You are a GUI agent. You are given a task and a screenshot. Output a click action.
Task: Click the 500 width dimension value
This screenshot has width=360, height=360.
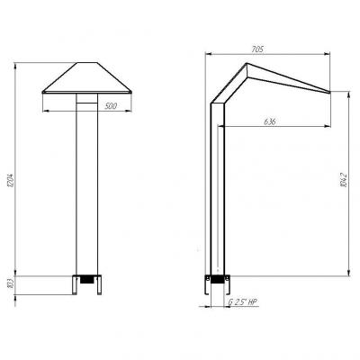click(111, 106)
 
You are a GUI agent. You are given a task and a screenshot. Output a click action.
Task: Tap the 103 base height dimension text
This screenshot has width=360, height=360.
click(12, 283)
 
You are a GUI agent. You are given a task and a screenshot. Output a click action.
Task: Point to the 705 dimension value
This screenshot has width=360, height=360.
click(257, 49)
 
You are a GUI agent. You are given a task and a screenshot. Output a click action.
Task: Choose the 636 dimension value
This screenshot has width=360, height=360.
click(269, 121)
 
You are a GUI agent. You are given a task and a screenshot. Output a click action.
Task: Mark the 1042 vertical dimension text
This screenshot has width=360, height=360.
click(344, 180)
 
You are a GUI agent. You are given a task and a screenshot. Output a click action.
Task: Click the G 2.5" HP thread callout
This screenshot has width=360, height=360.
click(242, 302)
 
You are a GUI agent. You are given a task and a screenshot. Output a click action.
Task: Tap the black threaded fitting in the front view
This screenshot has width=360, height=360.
click(86, 280)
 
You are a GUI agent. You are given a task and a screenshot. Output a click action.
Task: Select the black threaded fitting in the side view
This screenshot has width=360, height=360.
click(217, 280)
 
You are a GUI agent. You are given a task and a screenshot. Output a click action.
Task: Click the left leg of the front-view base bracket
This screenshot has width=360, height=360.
click(75, 285)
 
